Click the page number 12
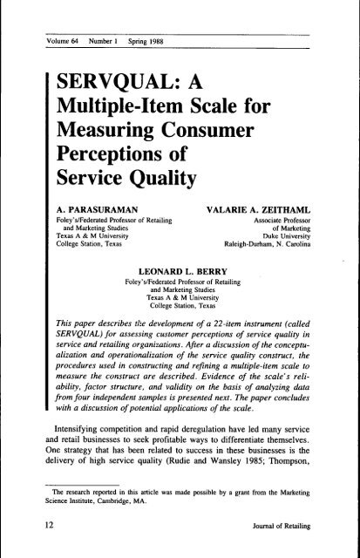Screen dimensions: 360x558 (x=33, y=523)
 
